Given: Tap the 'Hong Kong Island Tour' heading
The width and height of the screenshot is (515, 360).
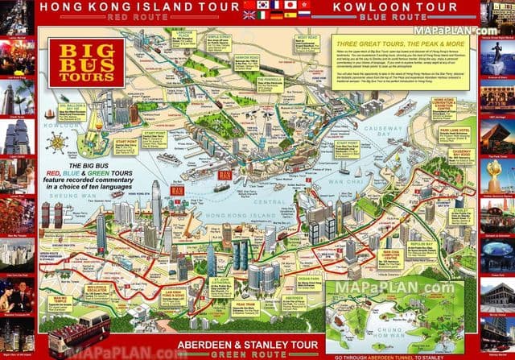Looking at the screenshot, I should [x=152, y=6].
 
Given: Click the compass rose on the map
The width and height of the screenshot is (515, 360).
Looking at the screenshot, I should [x=57, y=143].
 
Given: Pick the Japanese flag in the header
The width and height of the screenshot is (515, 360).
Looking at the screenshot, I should [x=289, y=5].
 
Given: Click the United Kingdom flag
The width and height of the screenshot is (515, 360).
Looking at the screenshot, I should [x=249, y=14].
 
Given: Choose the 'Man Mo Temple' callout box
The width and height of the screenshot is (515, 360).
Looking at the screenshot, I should [x=61, y=303].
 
